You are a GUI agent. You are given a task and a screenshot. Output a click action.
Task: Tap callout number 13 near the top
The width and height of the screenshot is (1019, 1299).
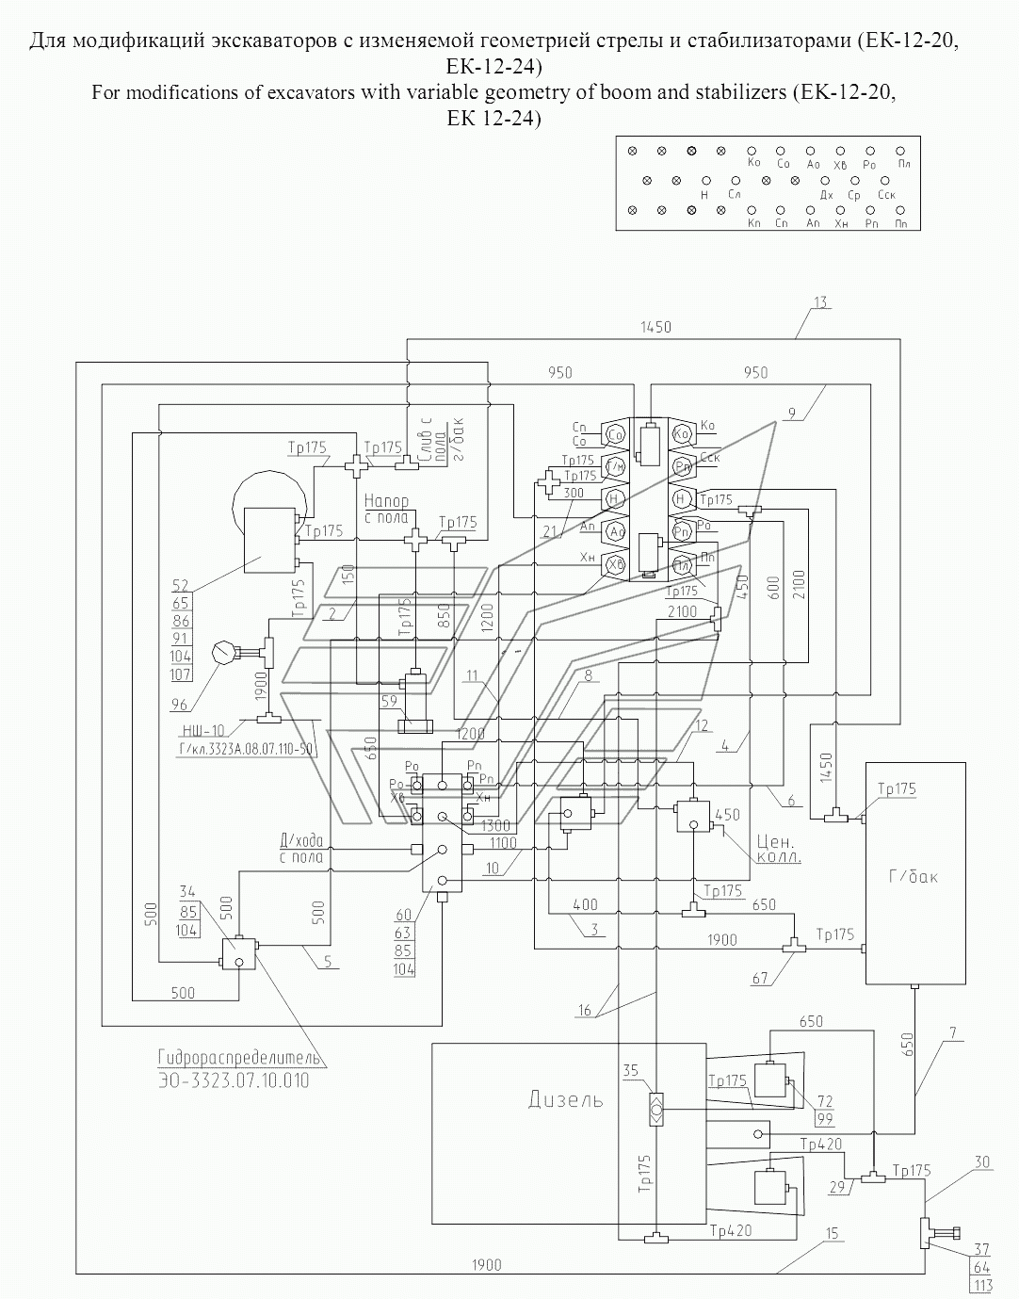coord(820,302)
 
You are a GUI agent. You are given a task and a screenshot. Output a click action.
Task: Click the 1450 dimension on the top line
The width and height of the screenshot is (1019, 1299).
coord(655,327)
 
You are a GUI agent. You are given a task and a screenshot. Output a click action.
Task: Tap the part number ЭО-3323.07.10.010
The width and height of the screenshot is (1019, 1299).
coord(234,1080)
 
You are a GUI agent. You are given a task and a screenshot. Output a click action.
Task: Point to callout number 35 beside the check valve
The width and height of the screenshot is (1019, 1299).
coord(631,1070)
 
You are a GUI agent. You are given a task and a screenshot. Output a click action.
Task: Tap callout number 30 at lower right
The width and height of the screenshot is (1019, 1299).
coord(981,1162)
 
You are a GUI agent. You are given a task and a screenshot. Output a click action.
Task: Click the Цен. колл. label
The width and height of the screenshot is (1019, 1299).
coord(777,848)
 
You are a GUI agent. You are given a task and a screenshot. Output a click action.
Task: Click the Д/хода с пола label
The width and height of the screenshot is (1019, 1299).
coord(301,848)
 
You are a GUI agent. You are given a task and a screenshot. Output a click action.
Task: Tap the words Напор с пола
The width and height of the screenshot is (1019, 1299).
coord(386,510)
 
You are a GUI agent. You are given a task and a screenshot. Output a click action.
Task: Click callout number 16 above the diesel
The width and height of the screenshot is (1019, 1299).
coord(585,1011)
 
